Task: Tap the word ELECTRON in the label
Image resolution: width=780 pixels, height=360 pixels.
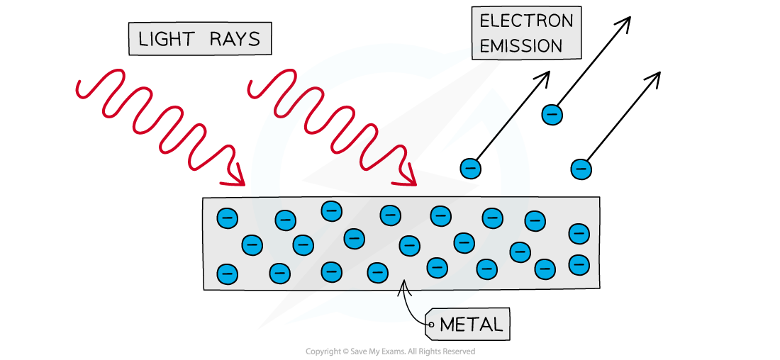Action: click(x=525, y=21)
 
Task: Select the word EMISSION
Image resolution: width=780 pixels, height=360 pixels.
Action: click(x=520, y=47)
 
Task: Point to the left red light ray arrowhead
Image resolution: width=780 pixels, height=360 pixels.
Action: click(x=235, y=179)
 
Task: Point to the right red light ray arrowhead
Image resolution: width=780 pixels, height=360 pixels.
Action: click(x=407, y=179)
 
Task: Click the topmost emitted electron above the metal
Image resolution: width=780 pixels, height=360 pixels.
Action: click(x=552, y=113)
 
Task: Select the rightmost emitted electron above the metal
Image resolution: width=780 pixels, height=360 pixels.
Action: click(x=581, y=169)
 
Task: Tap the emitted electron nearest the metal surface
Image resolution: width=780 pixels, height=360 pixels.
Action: click(x=470, y=169)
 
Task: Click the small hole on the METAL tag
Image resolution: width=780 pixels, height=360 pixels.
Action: click(x=431, y=325)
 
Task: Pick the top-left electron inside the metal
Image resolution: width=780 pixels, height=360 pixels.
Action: click(x=227, y=218)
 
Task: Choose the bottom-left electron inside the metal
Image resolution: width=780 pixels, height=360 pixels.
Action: click(x=227, y=272)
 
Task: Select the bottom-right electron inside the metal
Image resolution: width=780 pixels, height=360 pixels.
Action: click(x=579, y=265)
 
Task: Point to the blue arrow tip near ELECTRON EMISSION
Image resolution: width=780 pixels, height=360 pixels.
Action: click(x=470, y=49)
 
